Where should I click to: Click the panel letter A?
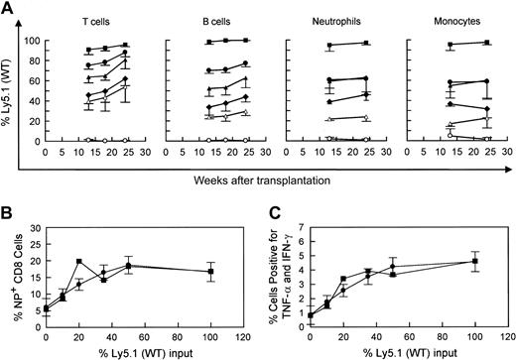(x=7, y=8)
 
